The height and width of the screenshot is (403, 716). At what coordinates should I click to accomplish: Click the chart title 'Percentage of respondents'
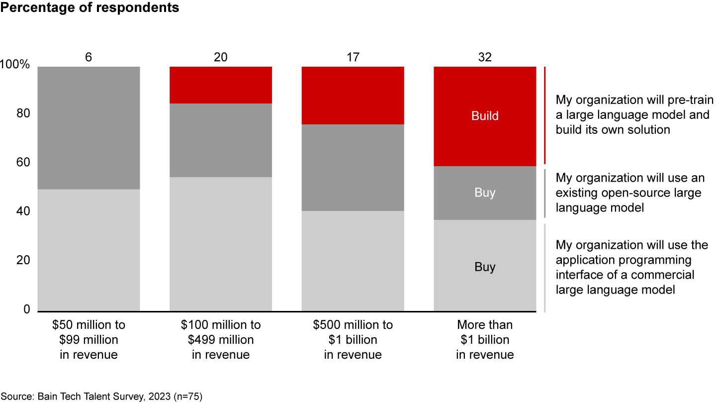90,8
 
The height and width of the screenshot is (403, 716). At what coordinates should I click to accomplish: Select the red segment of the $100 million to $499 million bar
221,85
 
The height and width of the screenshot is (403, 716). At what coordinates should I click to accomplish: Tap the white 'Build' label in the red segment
485,116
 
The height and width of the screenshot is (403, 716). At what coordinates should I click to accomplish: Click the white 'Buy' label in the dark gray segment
485,193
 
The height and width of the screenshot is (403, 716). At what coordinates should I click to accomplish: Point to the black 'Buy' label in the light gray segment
485,267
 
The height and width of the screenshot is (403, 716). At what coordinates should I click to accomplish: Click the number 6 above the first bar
89,57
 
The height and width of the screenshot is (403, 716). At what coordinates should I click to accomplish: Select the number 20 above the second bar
221,57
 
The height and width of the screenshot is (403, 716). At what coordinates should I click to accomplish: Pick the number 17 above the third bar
353,57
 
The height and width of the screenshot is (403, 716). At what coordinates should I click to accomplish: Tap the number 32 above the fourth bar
485,57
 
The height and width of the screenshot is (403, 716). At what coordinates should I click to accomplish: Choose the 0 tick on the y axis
27,309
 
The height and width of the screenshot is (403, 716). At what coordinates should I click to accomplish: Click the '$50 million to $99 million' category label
89,340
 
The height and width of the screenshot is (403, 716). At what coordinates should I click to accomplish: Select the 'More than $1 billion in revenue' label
485,340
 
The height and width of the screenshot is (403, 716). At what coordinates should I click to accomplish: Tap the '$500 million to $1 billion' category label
353,340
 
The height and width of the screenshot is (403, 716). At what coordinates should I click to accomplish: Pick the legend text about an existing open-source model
629,193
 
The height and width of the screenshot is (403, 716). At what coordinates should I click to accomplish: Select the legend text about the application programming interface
631,267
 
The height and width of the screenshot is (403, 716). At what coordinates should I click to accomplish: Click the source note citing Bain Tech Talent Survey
101,397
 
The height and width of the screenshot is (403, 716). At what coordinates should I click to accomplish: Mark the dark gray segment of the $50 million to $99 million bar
89,127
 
